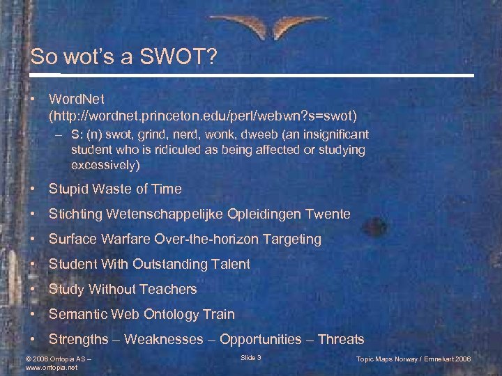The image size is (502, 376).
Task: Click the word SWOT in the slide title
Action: pyautogui.click(x=175, y=57)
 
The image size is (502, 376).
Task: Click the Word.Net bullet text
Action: pyautogui.click(x=77, y=100)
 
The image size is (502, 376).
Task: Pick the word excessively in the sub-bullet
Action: pyautogui.click(x=105, y=165)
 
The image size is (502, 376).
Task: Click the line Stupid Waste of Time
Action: pyautogui.click(x=115, y=189)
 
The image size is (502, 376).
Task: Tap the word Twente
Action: pyautogui.click(x=328, y=214)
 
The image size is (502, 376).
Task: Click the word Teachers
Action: pyautogui.click(x=169, y=289)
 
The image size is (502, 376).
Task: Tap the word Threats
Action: pyautogui.click(x=341, y=339)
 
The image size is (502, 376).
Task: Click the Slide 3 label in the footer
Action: pyautogui.click(x=250, y=357)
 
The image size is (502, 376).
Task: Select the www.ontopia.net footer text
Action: pyautogui.click(x=52, y=366)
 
